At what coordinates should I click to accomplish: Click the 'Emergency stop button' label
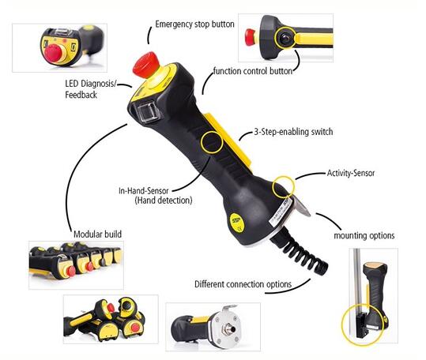(194, 24)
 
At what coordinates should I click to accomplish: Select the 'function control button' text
(253, 71)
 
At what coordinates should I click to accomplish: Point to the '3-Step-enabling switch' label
(293, 132)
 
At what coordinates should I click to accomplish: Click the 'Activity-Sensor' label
(351, 173)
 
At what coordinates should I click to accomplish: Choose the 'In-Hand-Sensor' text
(144, 190)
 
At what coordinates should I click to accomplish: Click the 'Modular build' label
(97, 234)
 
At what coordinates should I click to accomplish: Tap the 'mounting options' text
(364, 235)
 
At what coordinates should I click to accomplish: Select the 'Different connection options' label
(243, 284)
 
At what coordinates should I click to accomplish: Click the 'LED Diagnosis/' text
(91, 84)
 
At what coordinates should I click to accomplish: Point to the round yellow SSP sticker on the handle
(236, 223)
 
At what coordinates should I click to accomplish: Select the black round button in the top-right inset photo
(285, 38)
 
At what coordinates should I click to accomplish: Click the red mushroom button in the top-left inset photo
(54, 54)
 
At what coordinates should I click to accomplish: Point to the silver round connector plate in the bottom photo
(227, 328)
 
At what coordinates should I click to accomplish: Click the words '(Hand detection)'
(164, 201)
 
